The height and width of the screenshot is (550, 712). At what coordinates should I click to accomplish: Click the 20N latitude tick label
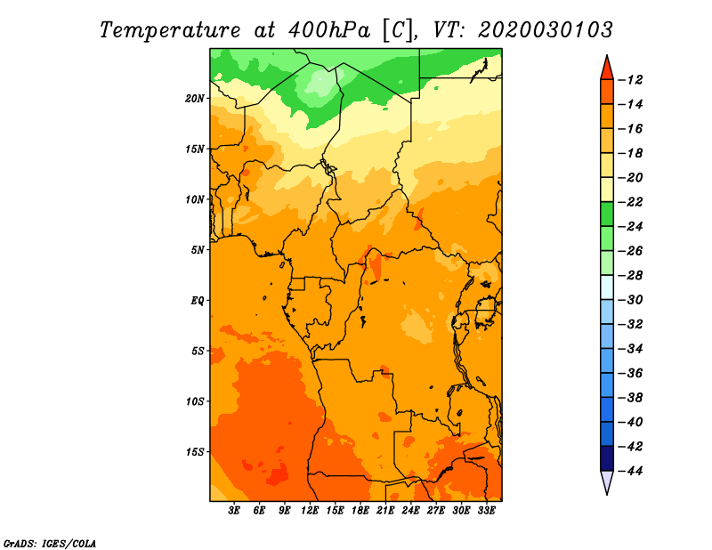pos(195,99)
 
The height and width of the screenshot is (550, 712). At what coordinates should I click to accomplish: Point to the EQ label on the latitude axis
pos(198,301)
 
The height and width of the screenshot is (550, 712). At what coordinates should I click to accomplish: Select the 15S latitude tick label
pos(195,452)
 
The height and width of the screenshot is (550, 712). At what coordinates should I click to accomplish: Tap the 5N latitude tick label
pos(198,250)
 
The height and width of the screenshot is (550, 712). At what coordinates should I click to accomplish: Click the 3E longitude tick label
pos(234,511)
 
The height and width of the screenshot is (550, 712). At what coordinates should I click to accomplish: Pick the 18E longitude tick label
pos(360,511)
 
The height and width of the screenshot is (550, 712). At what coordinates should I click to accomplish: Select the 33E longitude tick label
pos(486,511)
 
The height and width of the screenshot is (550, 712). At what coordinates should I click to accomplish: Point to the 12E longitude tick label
pos(310,511)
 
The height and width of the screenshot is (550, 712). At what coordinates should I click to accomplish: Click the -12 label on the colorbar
pos(630,80)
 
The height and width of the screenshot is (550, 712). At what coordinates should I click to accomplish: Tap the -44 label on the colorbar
pos(630,471)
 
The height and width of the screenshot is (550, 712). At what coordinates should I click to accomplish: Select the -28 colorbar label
pos(630,275)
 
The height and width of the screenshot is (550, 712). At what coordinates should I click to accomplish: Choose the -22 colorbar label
pos(630,202)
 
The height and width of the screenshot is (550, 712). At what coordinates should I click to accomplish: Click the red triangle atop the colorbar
pos(607,69)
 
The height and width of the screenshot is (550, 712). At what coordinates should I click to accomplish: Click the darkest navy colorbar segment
pos(607,458)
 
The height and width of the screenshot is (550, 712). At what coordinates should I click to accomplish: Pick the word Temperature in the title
pos(170,30)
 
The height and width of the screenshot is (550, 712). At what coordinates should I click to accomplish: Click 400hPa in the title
pos(329,30)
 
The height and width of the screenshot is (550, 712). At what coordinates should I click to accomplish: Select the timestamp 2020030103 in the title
pos(546,30)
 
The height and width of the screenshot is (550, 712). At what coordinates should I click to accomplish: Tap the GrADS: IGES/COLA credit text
pos(50,544)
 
